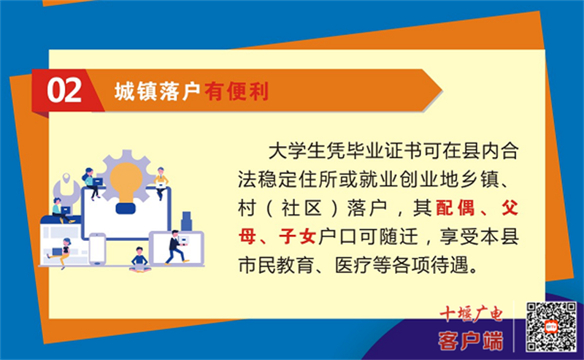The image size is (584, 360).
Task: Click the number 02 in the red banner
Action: (64, 91)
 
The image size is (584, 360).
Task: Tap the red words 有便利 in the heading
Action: (237, 91)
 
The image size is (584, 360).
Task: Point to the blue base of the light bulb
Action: (126, 208)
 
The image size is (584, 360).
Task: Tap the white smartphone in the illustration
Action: (97, 248)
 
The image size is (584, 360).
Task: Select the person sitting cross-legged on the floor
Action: (139, 259)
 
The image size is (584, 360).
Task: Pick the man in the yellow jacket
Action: (161, 183)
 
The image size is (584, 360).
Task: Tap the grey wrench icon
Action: (66, 190)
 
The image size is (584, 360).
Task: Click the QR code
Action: (551, 327)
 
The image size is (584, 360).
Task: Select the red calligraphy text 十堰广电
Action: (471, 314)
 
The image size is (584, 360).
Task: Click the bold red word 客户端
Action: (471, 340)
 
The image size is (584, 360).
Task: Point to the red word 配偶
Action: (455, 207)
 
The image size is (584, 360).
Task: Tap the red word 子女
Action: (297, 237)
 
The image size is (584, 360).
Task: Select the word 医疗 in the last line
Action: (353, 265)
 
